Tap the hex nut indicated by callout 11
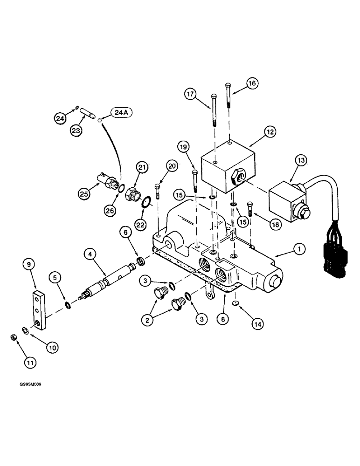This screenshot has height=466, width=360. coord(14,337)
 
